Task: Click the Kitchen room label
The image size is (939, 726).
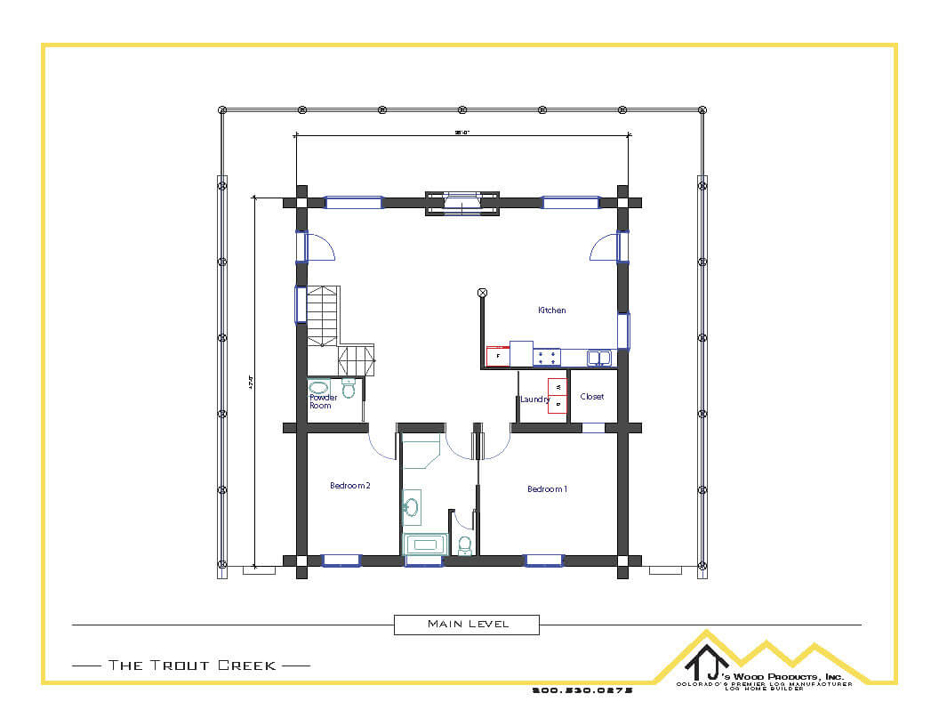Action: click(x=551, y=311)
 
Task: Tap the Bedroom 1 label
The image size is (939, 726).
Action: click(x=547, y=489)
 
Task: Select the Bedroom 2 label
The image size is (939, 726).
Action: click(x=349, y=486)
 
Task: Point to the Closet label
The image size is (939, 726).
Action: click(x=591, y=397)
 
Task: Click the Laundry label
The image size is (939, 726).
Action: click(x=534, y=399)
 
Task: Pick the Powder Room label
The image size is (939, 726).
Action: click(x=322, y=401)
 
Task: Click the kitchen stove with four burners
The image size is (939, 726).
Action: click(x=547, y=357)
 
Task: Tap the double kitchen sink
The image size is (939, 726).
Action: click(x=599, y=358)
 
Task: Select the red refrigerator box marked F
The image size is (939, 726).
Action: click(x=497, y=356)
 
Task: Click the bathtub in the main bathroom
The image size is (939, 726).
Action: click(x=425, y=544)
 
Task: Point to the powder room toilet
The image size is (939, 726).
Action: click(x=349, y=389)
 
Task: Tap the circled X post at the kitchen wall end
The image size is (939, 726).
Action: click(x=483, y=292)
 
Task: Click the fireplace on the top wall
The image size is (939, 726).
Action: click(x=461, y=203)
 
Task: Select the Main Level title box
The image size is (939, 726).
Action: click(x=467, y=625)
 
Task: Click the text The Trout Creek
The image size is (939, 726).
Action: click(x=191, y=665)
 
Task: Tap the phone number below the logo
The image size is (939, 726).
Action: click(x=582, y=690)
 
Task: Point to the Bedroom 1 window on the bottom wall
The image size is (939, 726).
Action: click(x=543, y=561)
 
